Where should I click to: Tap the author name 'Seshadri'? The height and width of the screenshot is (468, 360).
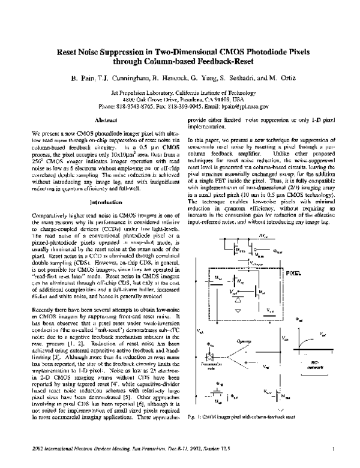coord(232,79)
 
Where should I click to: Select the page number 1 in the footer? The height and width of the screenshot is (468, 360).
coord(332,447)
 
